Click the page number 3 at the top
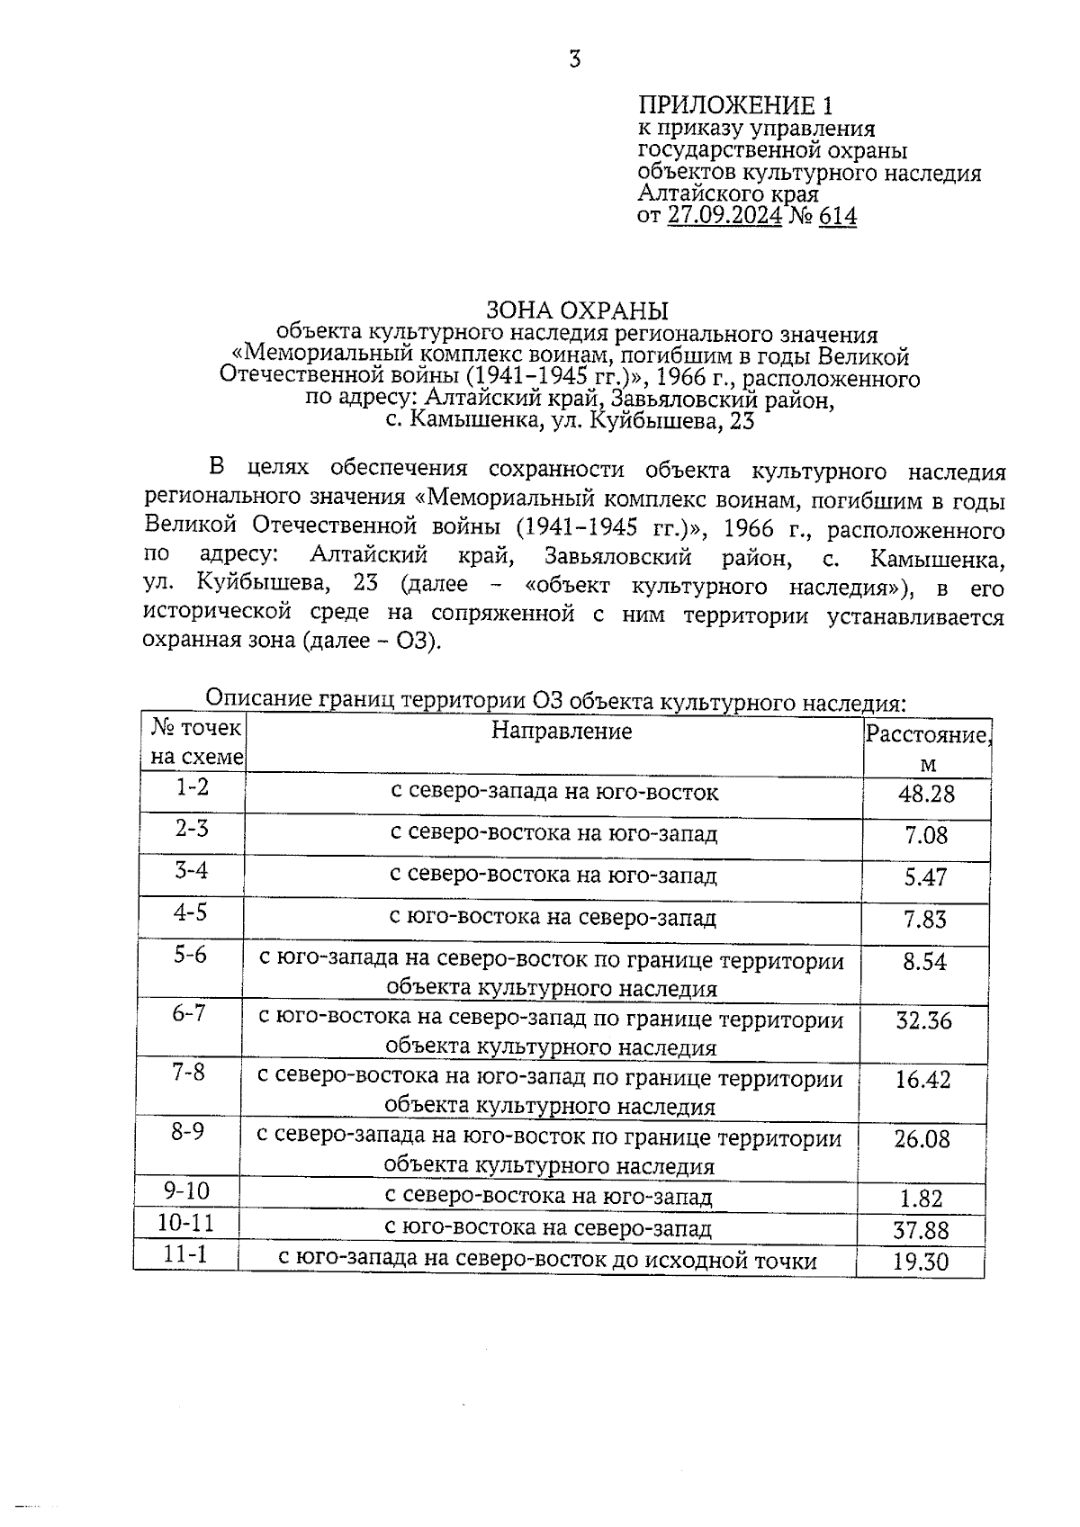click(x=575, y=59)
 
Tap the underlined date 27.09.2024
click(x=724, y=216)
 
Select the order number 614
click(x=838, y=216)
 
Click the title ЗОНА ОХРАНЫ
click(x=577, y=310)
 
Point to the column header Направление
click(x=562, y=731)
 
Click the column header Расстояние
click(x=927, y=734)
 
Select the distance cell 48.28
click(x=926, y=794)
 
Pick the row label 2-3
click(x=192, y=828)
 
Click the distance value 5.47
click(x=926, y=877)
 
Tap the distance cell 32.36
click(x=923, y=1020)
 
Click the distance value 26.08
click(x=922, y=1139)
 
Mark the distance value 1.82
click(x=922, y=1199)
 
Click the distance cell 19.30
click(x=921, y=1262)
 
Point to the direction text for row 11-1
click(x=547, y=1260)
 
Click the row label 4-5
click(x=191, y=912)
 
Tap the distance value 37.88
click(x=922, y=1230)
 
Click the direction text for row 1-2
click(x=554, y=792)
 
